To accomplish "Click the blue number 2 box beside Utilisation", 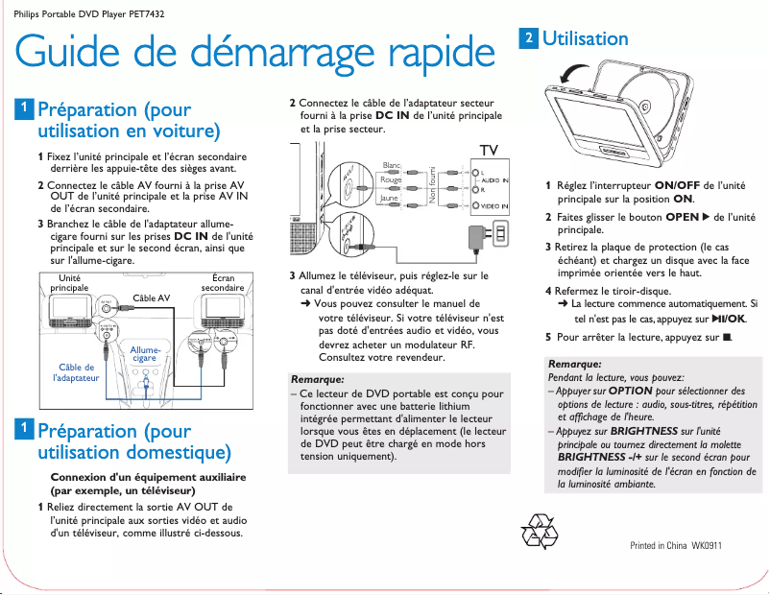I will (528, 38).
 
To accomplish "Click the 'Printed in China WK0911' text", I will (675, 546).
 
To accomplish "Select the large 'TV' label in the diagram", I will (489, 151).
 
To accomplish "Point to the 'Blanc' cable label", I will (392, 166).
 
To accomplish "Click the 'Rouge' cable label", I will (391, 180).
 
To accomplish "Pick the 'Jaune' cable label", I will (389, 199).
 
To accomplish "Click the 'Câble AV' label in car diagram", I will (151, 298).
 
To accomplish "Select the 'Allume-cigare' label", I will (145, 354).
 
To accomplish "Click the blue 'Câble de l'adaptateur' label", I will (76, 372).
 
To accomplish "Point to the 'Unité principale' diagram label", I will (69, 283).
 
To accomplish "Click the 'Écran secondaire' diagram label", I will (222, 283).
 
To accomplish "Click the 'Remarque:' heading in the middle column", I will (317, 379).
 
